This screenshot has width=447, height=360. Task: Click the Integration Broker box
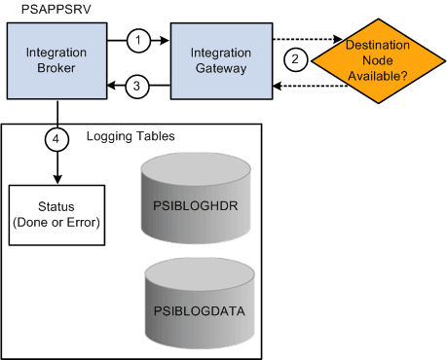(x=56, y=61)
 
